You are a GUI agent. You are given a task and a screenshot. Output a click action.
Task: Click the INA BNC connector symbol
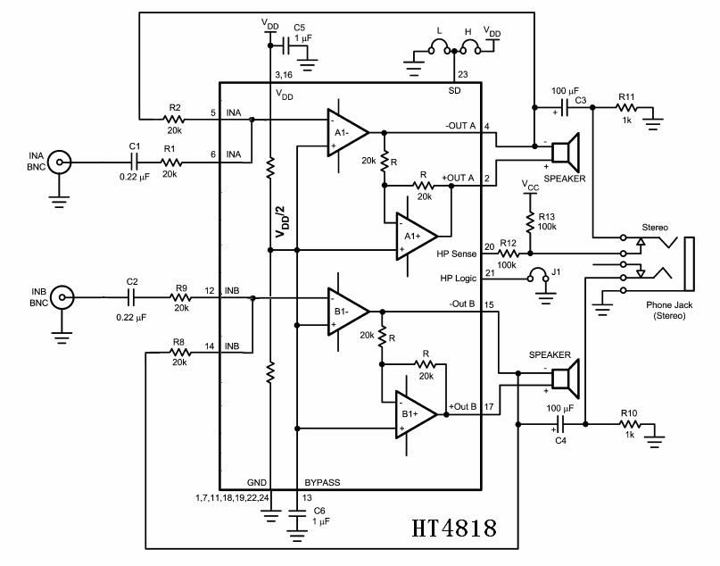(59, 162)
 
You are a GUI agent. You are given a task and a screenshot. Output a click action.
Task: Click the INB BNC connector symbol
(60, 296)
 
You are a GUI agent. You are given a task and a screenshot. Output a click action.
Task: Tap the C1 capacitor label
(134, 146)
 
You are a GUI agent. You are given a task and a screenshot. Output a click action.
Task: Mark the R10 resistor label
(627, 412)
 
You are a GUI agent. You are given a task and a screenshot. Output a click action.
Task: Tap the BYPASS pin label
(322, 482)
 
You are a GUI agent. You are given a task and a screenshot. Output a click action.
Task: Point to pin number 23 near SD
(462, 75)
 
